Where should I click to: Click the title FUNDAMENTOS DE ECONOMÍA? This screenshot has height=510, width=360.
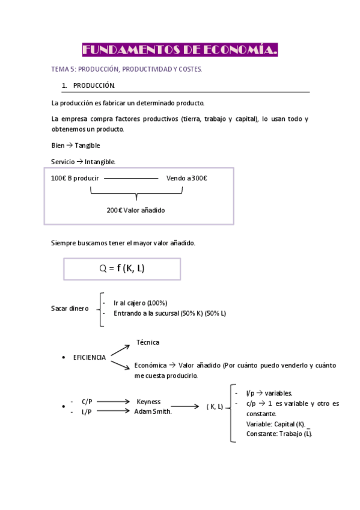click(x=180, y=50)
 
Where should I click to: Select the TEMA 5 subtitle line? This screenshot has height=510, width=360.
click(x=126, y=70)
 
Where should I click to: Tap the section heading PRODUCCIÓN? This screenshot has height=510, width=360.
click(x=98, y=85)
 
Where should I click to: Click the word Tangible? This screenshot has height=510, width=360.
click(x=87, y=146)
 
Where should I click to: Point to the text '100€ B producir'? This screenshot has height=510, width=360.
click(x=75, y=178)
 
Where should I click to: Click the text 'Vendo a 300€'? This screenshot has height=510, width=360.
click(x=187, y=178)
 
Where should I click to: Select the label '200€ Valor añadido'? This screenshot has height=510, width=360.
click(x=136, y=210)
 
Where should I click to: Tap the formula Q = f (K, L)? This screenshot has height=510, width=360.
click(x=122, y=269)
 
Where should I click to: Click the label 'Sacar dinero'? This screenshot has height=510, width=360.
click(x=70, y=309)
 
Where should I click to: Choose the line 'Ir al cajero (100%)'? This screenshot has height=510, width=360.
click(x=140, y=303)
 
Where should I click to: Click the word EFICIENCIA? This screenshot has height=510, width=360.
click(x=90, y=357)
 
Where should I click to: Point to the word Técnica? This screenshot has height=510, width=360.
click(x=148, y=342)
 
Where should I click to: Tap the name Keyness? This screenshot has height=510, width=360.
click(x=148, y=402)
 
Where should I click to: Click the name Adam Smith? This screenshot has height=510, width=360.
click(x=153, y=411)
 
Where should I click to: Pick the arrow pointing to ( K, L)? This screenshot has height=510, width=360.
click(x=186, y=407)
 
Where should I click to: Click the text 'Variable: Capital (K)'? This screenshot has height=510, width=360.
click(x=276, y=423)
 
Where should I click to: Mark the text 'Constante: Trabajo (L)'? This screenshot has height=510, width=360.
click(x=279, y=433)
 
